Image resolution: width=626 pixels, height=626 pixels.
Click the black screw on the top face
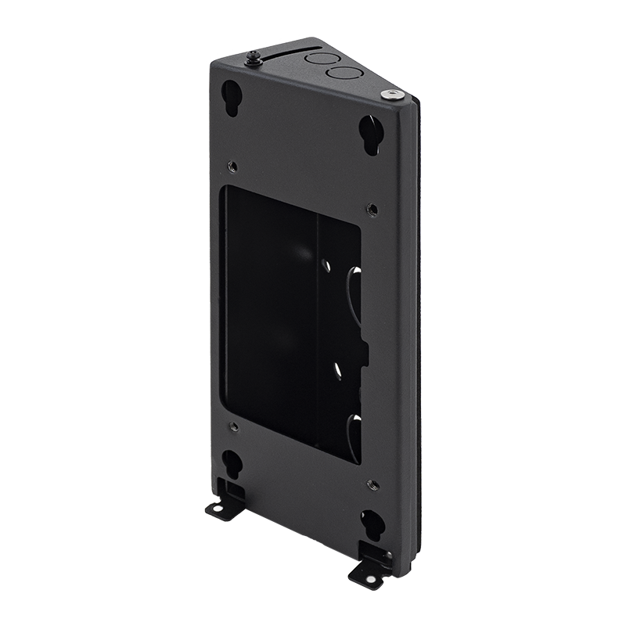pyautogui.click(x=255, y=58)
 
